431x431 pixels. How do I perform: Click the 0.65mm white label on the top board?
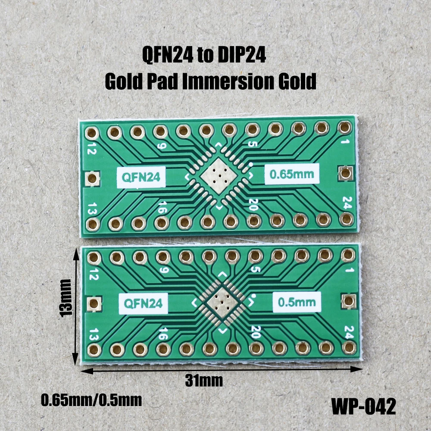[x=291, y=175]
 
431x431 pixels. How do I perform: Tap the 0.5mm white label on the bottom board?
[x=297, y=302]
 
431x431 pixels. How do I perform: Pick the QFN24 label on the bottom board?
[x=144, y=303]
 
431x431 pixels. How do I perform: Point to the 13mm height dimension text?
[x=66, y=298]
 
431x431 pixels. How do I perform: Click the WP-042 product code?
[x=363, y=406]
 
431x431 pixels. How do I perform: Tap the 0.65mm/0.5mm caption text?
[x=91, y=400]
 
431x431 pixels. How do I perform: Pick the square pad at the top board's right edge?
[x=345, y=173]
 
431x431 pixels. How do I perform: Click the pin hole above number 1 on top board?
[x=344, y=127]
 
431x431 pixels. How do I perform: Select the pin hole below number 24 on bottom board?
[x=348, y=347]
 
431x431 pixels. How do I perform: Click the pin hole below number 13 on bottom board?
[x=94, y=349]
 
